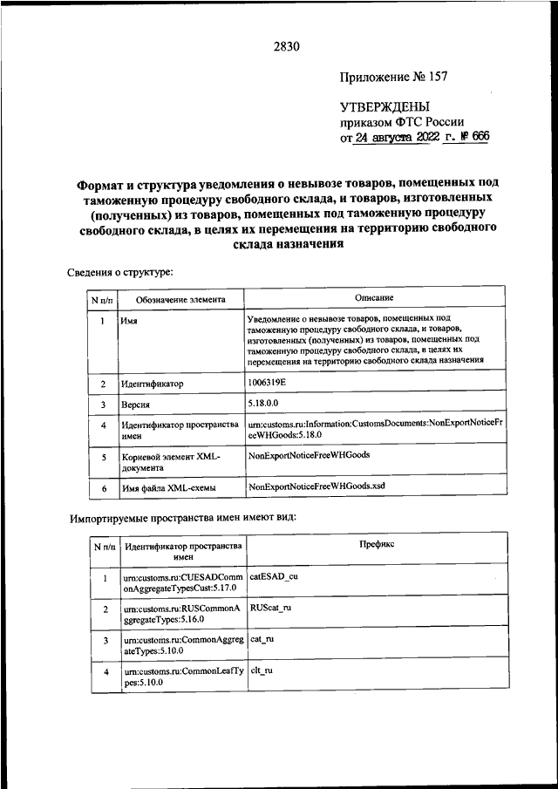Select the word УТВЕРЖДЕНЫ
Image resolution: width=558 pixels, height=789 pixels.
[x=384, y=106]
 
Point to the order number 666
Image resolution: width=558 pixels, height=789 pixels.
[x=480, y=137]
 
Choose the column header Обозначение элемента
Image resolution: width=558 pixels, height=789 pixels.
[x=180, y=300]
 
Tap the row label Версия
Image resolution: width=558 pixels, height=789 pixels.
[x=137, y=405]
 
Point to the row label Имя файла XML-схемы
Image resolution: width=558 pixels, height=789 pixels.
[x=171, y=489]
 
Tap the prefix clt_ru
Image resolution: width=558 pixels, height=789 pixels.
[x=262, y=671]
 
